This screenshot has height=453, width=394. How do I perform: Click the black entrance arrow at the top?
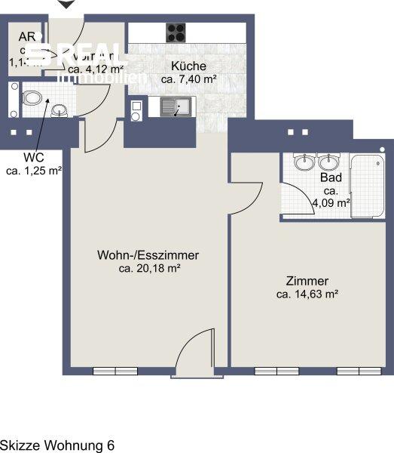tap(66, 5)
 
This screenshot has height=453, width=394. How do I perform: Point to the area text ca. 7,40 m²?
tap(189, 79)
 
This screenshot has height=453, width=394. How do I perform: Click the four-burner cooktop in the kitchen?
tap(176, 32)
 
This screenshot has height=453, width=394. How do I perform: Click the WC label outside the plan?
tap(33, 158)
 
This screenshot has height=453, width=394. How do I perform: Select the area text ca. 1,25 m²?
tap(34, 171)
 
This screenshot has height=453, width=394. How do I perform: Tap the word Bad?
tap(331, 178)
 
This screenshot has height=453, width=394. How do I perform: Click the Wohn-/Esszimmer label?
tap(148, 255)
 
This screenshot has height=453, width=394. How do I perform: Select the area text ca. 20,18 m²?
tap(148, 268)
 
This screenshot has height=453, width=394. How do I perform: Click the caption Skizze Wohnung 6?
tap(57, 445)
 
